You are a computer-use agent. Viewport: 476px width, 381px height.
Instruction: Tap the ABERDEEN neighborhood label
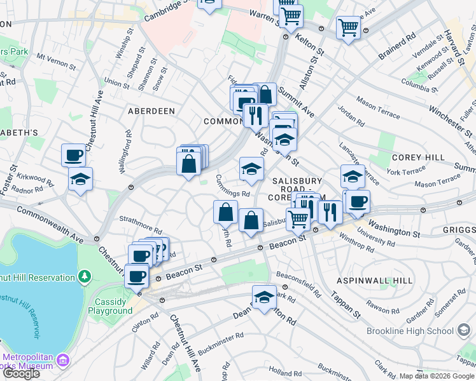click(151, 110)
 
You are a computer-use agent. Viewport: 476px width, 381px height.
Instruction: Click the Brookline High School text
click(410, 331)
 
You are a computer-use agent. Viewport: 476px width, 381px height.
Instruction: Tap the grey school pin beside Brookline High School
click(463, 330)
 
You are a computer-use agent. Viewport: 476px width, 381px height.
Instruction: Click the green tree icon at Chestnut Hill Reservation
click(84, 277)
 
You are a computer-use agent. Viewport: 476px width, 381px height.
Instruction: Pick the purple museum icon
click(62, 361)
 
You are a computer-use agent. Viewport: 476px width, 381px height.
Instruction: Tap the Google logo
click(20, 373)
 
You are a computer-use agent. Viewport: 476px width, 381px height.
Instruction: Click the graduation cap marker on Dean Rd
click(264, 297)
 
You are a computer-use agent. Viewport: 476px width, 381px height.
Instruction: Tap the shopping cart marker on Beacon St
click(298, 219)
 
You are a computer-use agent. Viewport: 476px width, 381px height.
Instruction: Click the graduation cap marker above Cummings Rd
click(251, 168)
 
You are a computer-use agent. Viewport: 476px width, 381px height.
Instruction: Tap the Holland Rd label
click(284, 371)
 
